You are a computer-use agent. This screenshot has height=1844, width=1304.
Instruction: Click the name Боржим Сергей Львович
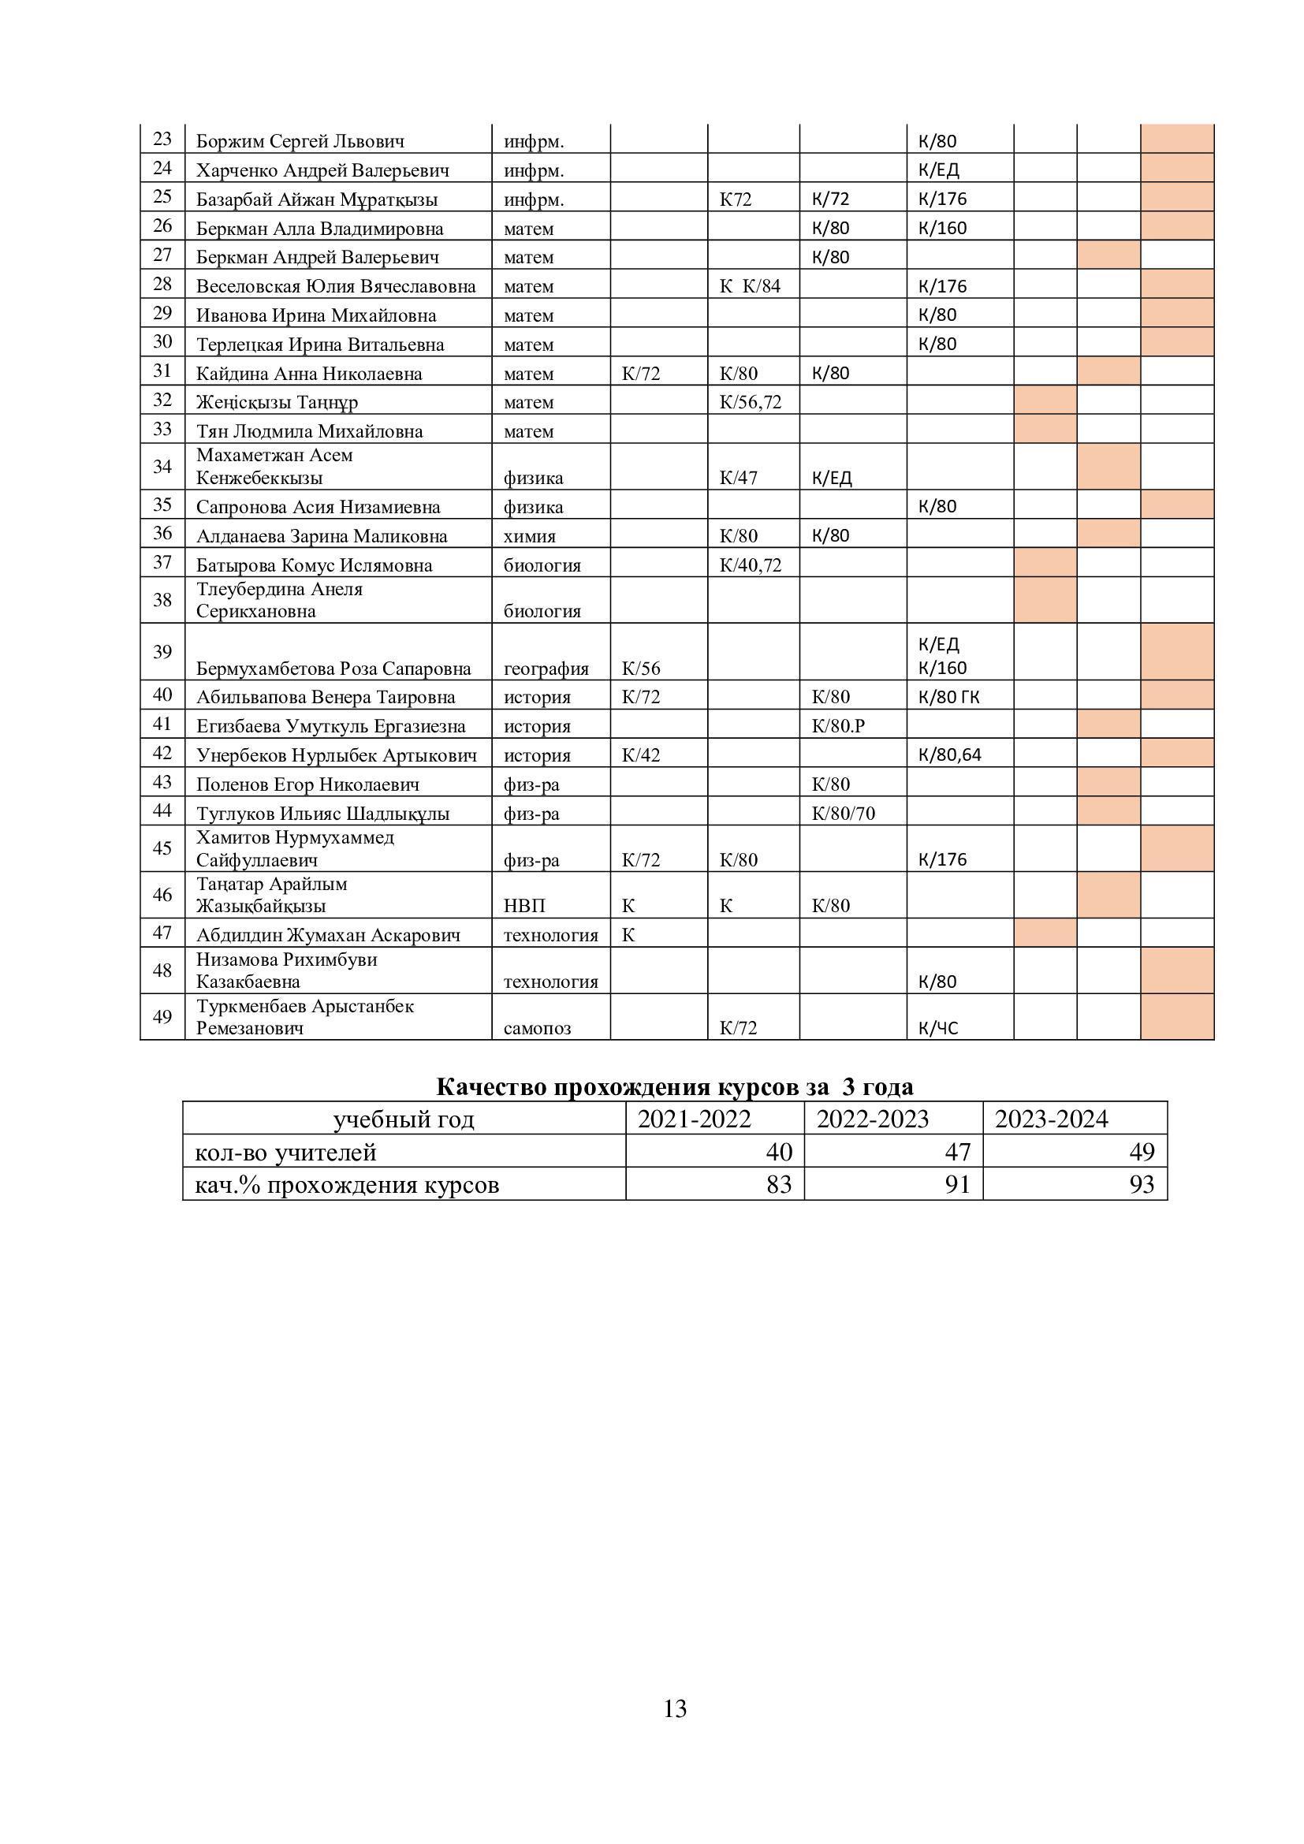click(x=300, y=141)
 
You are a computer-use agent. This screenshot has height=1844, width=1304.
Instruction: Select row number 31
click(x=162, y=371)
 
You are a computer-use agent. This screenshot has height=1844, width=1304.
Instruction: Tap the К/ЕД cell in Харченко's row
click(x=938, y=170)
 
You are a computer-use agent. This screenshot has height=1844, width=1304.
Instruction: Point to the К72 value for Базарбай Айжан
click(x=735, y=199)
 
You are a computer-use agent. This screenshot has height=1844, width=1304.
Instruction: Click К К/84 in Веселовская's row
click(x=749, y=286)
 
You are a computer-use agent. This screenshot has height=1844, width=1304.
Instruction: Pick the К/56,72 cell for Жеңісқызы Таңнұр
click(x=750, y=401)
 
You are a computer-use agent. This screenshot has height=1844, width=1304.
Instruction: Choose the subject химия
click(x=529, y=535)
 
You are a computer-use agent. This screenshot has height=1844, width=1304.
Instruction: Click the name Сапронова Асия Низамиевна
click(x=318, y=507)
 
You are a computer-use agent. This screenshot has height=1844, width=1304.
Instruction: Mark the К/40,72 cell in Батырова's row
click(x=750, y=564)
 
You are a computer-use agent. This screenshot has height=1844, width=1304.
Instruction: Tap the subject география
click(x=546, y=669)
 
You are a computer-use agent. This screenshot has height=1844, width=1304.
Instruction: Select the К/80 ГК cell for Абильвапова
click(x=948, y=697)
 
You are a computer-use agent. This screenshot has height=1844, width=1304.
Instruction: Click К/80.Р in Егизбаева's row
click(x=837, y=726)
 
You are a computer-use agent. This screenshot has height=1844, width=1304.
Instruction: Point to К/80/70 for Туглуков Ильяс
click(x=843, y=814)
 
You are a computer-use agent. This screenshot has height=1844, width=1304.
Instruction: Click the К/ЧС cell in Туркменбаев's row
click(x=938, y=1028)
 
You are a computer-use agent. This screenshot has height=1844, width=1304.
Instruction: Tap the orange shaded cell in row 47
click(x=1045, y=933)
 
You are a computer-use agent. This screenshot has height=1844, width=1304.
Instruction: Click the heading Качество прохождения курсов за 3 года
click(x=675, y=1086)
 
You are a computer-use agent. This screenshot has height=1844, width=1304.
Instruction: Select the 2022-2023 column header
click(x=872, y=1119)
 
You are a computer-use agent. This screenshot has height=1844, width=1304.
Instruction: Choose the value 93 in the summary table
click(x=1141, y=1185)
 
